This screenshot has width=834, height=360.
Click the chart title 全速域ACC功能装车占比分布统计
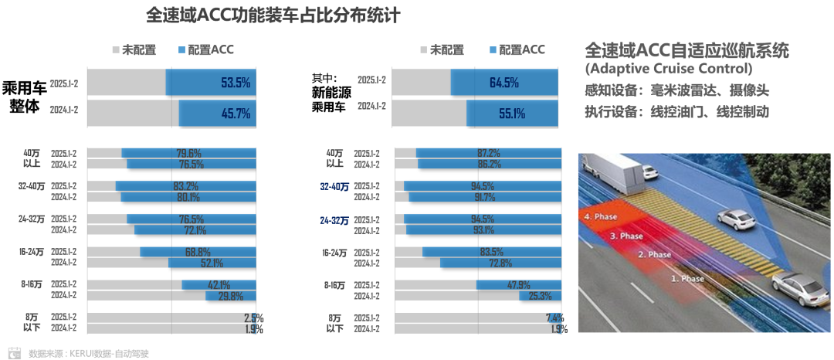tap(273, 15)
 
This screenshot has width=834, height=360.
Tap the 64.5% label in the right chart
tap(503, 82)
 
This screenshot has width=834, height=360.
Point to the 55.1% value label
tap(511, 114)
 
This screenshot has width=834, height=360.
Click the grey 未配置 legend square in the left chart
tap(116, 50)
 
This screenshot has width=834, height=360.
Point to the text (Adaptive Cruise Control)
tap(669, 70)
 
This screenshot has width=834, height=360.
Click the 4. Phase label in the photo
tap(602, 217)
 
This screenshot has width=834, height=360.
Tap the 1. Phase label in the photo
tap(687, 277)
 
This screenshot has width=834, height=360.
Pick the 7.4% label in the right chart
tap(554, 318)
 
